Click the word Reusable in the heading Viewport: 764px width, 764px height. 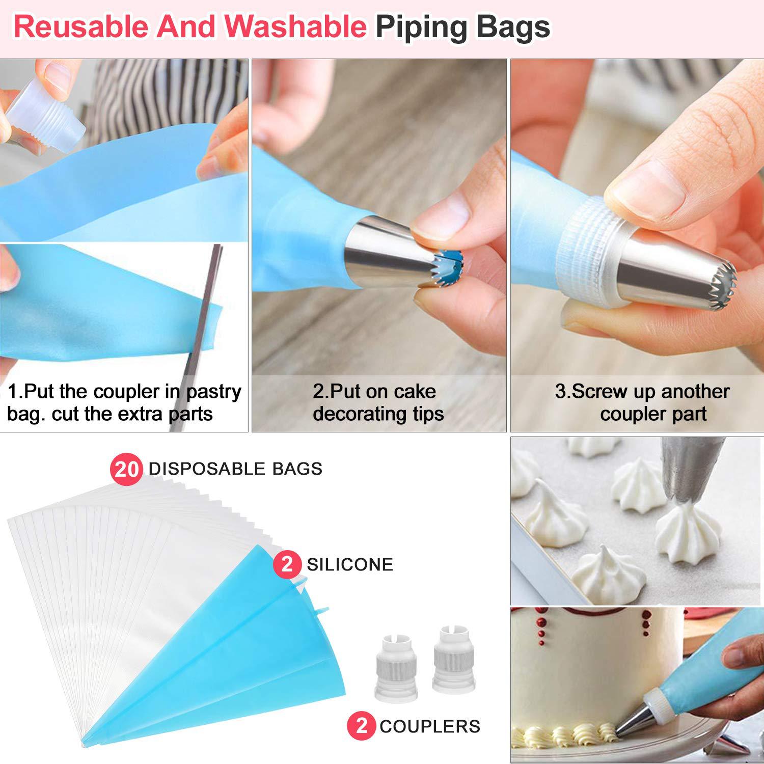81,27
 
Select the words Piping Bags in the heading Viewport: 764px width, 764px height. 462,27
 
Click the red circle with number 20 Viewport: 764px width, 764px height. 126,469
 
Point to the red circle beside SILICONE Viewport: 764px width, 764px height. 287,564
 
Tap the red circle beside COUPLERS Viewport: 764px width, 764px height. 361,725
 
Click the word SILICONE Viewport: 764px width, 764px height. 350,564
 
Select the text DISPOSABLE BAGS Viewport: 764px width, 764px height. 235,469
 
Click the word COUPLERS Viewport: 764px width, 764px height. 430,726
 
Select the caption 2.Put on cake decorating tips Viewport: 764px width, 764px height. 378,402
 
